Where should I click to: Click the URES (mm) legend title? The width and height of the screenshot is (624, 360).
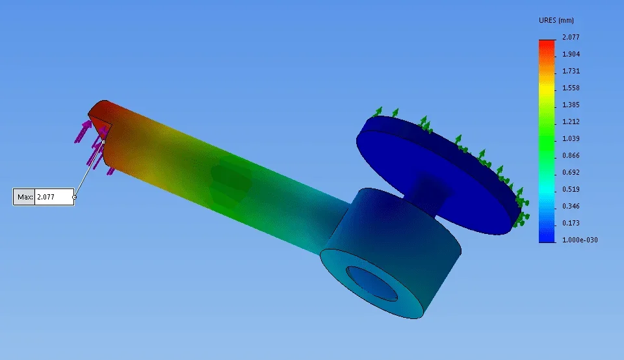click(x=556, y=20)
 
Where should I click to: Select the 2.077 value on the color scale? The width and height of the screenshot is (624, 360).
click(x=571, y=37)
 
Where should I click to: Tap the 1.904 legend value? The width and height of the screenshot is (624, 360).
click(x=571, y=54)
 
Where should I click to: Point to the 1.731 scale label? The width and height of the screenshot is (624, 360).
click(x=571, y=71)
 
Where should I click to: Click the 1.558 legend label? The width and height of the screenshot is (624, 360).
click(x=571, y=88)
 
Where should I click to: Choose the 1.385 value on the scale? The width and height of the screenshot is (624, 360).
click(x=571, y=105)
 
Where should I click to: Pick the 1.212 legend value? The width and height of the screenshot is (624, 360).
click(x=571, y=122)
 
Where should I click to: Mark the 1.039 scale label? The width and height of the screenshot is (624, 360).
click(x=571, y=138)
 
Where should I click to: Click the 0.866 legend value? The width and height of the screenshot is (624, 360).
click(x=571, y=155)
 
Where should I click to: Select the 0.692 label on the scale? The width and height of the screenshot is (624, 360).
click(x=571, y=172)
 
